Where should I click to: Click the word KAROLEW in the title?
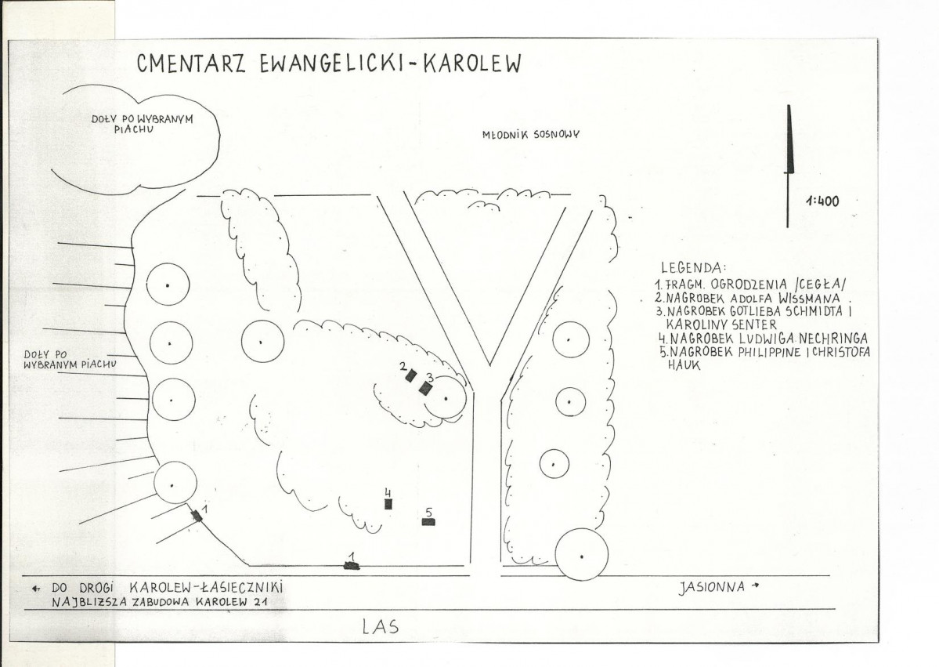click(x=472, y=63)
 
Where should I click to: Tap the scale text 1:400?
click(x=822, y=201)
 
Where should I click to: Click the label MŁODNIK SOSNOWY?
click(x=531, y=135)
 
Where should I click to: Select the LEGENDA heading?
click(x=693, y=267)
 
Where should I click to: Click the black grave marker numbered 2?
click(x=411, y=375)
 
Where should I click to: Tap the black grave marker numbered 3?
click(x=425, y=388)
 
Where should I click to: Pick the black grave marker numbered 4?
click(x=388, y=504)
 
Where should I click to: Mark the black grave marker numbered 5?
click(x=428, y=522)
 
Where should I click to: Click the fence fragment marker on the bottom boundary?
click(x=352, y=565)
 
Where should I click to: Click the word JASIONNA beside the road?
click(x=712, y=587)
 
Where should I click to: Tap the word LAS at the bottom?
click(x=381, y=628)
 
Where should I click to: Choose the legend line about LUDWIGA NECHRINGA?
click(x=763, y=339)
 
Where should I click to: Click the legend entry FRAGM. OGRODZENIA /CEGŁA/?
click(x=752, y=284)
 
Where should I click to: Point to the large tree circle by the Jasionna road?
click(x=581, y=555)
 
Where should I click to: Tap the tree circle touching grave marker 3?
click(x=445, y=397)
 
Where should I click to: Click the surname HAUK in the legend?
click(x=684, y=365)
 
